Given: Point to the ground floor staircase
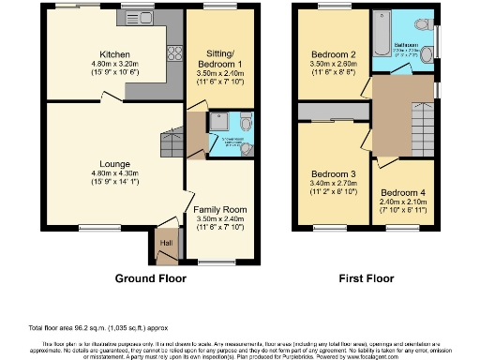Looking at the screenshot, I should tap(172, 143).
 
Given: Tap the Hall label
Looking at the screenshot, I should tap(167, 244).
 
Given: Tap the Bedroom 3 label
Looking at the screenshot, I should tap(333, 174).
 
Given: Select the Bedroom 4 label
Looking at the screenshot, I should tap(403, 193).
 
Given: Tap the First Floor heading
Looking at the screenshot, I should tap(366, 278).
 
